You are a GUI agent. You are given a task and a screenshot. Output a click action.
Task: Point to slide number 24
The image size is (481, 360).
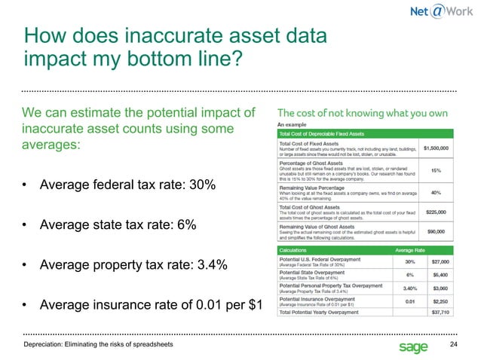(x=453, y=344)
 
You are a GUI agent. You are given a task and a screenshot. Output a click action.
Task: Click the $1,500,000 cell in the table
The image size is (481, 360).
(x=437, y=148)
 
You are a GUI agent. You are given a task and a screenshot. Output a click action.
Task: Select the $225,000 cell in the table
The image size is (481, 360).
(x=437, y=212)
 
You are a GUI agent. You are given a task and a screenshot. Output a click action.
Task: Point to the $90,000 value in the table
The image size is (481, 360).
(x=439, y=233)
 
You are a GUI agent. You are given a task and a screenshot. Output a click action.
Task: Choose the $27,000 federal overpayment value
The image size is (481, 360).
(x=440, y=261)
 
